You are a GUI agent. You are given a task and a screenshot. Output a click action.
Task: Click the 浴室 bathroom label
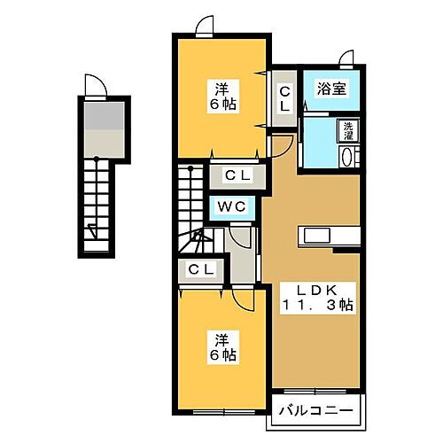tap(332, 89)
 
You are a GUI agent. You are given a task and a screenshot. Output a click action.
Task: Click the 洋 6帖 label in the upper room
tap(221, 95)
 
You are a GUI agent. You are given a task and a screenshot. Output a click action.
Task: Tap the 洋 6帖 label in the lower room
tap(221, 346)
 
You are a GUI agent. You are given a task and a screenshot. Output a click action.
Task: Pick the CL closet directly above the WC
tap(234, 175)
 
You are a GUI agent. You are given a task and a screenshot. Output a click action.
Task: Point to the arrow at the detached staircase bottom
tap(92, 233)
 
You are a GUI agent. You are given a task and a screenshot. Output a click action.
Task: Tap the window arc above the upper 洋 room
tap(206, 27)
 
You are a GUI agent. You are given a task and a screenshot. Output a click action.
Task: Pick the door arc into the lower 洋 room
tap(246, 301)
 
